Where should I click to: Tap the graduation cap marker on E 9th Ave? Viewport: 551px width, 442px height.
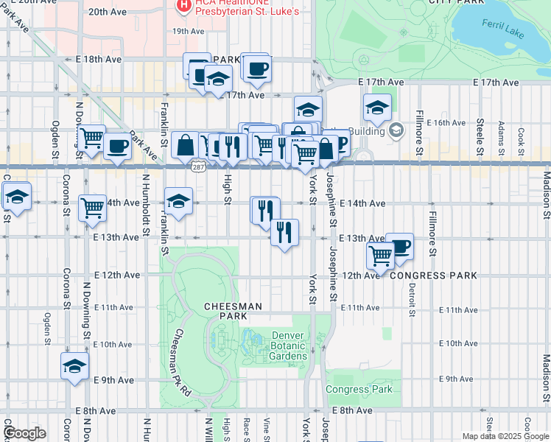pos(74,366)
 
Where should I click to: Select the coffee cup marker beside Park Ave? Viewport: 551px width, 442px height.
pos(117,146)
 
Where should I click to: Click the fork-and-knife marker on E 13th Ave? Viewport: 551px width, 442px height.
pos(284,233)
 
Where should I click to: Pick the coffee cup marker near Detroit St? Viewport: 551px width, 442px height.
pos(399,246)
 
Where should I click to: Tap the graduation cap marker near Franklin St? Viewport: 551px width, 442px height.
pos(178,200)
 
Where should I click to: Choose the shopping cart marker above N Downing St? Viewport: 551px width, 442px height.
pos(91,138)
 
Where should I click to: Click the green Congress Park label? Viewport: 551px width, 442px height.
pos(359,389)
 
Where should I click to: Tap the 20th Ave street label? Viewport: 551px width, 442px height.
pos(108,12)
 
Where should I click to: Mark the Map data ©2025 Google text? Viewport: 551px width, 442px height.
pos(505,436)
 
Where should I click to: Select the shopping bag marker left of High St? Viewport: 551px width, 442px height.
pos(186,144)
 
